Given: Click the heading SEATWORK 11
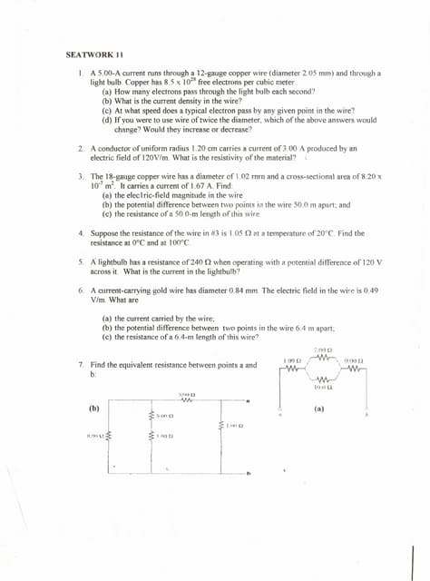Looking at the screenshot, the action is tap(88, 54).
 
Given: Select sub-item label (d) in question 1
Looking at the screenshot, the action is tap(107, 119).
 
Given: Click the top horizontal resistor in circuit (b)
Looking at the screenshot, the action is tap(185, 402).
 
